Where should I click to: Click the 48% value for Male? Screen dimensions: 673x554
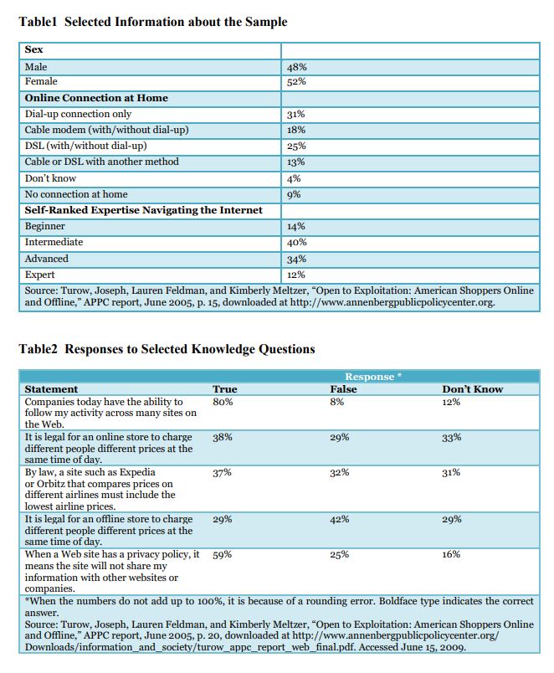(295, 66)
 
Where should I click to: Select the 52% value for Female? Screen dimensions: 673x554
(295, 82)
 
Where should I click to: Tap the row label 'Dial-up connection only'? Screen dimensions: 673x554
(78, 114)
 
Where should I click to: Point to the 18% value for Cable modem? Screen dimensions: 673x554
(295, 131)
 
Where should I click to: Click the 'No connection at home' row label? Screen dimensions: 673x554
(76, 194)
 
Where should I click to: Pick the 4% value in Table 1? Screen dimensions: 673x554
(294, 178)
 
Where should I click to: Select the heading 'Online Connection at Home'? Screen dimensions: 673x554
(96, 98)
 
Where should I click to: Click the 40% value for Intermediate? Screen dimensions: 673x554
(296, 243)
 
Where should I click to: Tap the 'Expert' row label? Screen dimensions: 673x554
(40, 275)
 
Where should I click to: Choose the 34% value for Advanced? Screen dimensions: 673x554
(296, 259)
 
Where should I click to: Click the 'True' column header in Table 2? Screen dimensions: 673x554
(225, 389)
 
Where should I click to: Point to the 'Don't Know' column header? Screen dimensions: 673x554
(472, 389)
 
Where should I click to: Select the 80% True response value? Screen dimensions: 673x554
(223, 403)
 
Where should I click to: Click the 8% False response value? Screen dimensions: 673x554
(337, 403)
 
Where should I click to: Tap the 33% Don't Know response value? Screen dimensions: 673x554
(451, 438)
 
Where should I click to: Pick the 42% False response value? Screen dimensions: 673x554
(340, 520)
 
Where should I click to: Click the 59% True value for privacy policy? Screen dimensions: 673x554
(223, 555)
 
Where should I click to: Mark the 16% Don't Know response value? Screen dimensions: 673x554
(451, 555)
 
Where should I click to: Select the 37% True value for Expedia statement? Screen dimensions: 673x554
(223, 473)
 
